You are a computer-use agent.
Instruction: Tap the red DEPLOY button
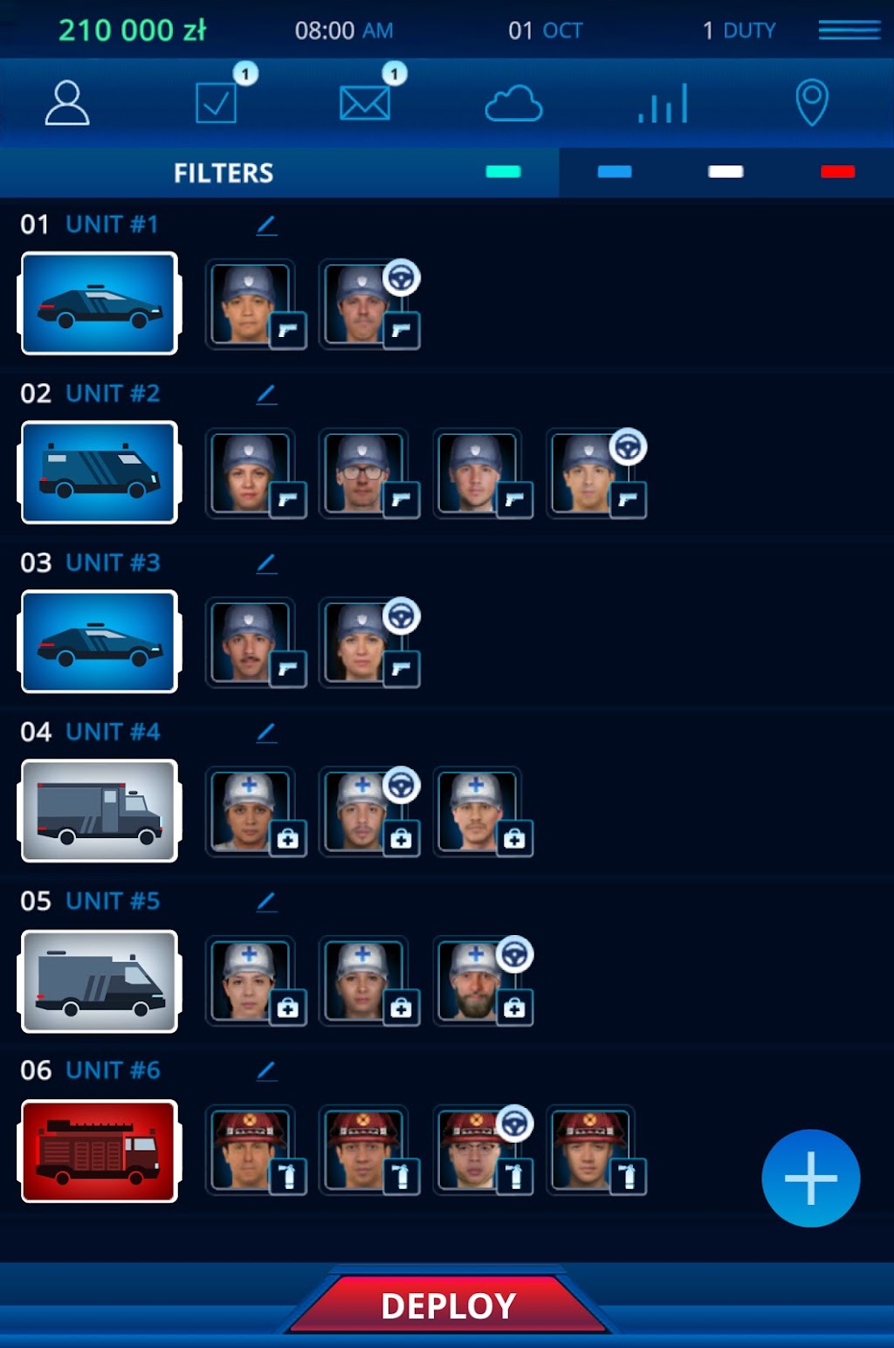pyautogui.click(x=448, y=1305)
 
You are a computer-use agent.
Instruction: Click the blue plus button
pyautogui.click(x=810, y=1179)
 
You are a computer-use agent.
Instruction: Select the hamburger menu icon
pyautogui.click(x=849, y=30)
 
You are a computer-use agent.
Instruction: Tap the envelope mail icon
pyautogui.click(x=365, y=103)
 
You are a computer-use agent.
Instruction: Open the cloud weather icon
pyautogui.click(x=513, y=104)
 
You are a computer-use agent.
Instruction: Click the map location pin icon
pyautogui.click(x=812, y=102)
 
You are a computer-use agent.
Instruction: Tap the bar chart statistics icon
pyautogui.click(x=663, y=104)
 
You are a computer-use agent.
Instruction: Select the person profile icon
pyautogui.click(x=67, y=103)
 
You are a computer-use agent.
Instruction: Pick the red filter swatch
pyautogui.click(x=837, y=172)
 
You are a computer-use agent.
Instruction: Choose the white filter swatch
pyautogui.click(x=726, y=172)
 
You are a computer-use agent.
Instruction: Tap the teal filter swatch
pyautogui.click(x=503, y=172)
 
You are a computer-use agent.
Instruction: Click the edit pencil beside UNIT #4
pyautogui.click(x=266, y=733)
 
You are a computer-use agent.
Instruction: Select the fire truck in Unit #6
pyautogui.click(x=100, y=1151)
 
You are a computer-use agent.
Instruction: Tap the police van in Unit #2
pyautogui.click(x=100, y=472)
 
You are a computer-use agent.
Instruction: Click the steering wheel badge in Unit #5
pyautogui.click(x=514, y=954)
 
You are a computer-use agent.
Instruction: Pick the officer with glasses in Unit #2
pyautogui.click(x=363, y=472)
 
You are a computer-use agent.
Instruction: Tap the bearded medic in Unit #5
pyautogui.click(x=476, y=981)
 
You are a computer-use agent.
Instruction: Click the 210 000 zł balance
pyautogui.click(x=133, y=30)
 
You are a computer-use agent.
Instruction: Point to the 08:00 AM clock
pyautogui.click(x=343, y=31)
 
